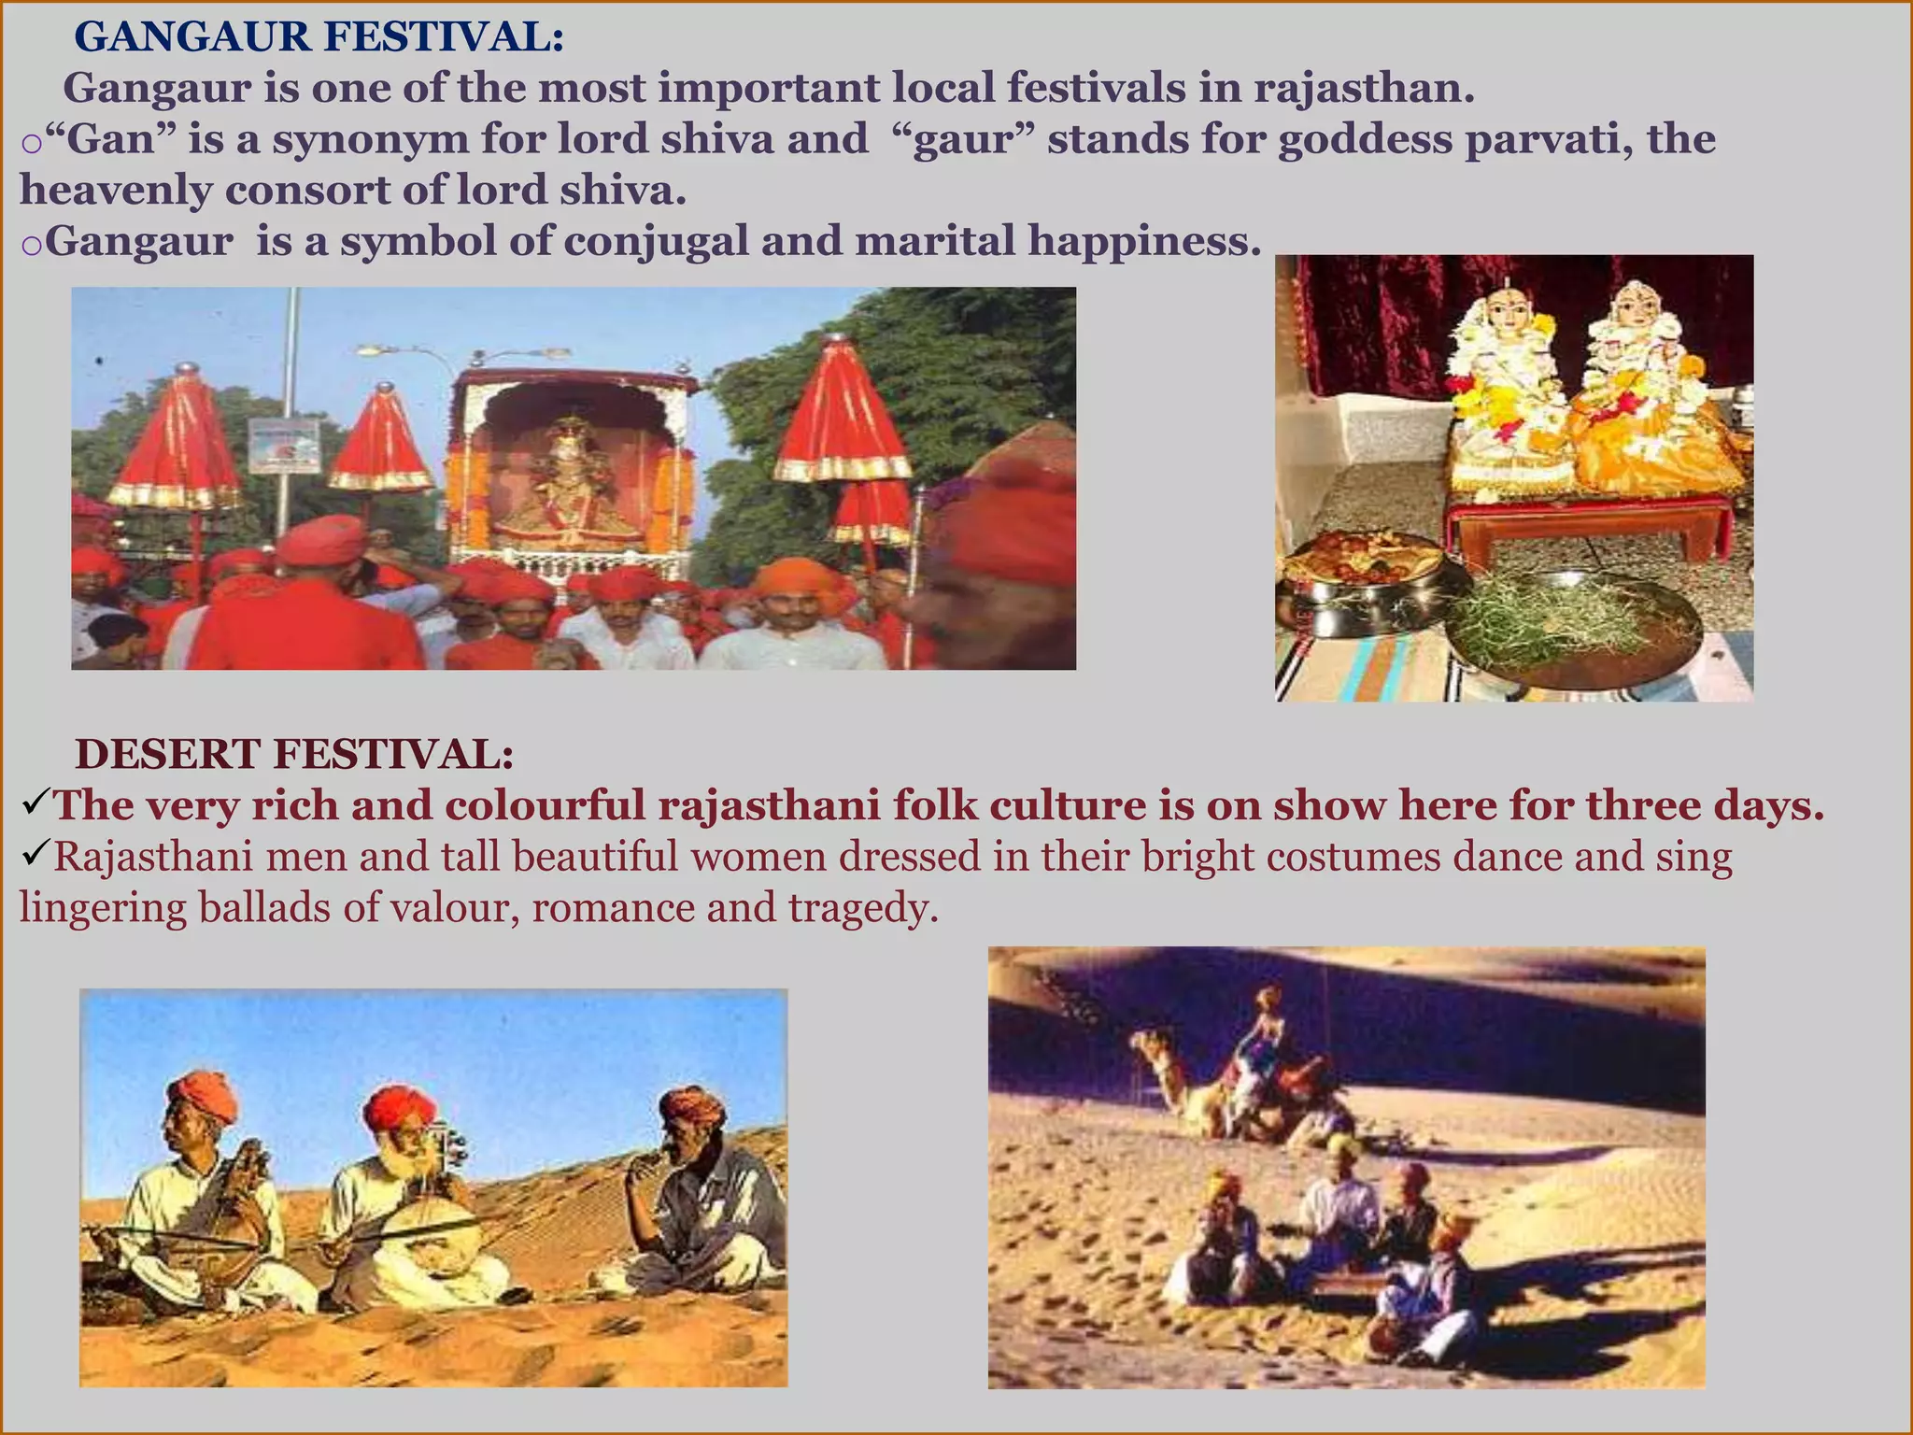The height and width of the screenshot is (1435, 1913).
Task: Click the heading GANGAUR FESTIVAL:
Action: pos(319,37)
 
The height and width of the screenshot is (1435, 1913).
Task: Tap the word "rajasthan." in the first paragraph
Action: pos(1364,89)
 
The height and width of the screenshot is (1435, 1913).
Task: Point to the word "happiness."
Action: pos(1144,242)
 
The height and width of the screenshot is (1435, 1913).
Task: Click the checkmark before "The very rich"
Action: pos(35,803)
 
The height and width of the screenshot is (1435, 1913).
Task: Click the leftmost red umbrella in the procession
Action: pos(177,439)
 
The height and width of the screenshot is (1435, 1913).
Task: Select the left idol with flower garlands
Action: pos(1504,392)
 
